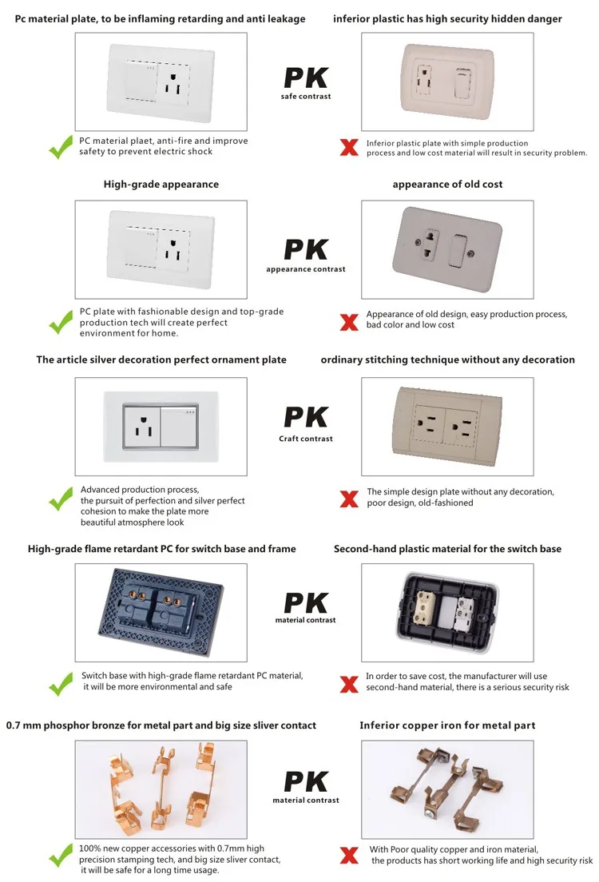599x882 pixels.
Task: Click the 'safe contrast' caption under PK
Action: click(x=306, y=97)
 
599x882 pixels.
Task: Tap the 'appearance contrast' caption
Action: click(x=306, y=269)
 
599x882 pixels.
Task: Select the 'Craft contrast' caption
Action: click(x=306, y=439)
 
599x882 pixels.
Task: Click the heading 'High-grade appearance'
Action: click(x=161, y=185)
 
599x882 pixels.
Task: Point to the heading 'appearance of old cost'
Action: click(x=447, y=185)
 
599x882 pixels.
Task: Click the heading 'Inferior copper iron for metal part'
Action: click(x=447, y=725)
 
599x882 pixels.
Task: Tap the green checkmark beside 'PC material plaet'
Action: click(x=60, y=147)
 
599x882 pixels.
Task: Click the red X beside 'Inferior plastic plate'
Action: click(x=348, y=147)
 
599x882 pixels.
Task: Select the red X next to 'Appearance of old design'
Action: click(x=348, y=322)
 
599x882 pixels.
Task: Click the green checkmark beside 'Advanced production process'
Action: click(x=60, y=501)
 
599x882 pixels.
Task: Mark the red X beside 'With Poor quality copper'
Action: click(x=348, y=856)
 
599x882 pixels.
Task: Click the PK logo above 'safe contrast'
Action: click(x=306, y=78)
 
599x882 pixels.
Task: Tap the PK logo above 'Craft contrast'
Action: click(x=306, y=418)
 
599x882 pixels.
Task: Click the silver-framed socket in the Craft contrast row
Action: click(x=160, y=425)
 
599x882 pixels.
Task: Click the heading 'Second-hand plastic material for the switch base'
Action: click(x=447, y=549)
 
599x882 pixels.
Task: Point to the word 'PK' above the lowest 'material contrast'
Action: click(x=306, y=781)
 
